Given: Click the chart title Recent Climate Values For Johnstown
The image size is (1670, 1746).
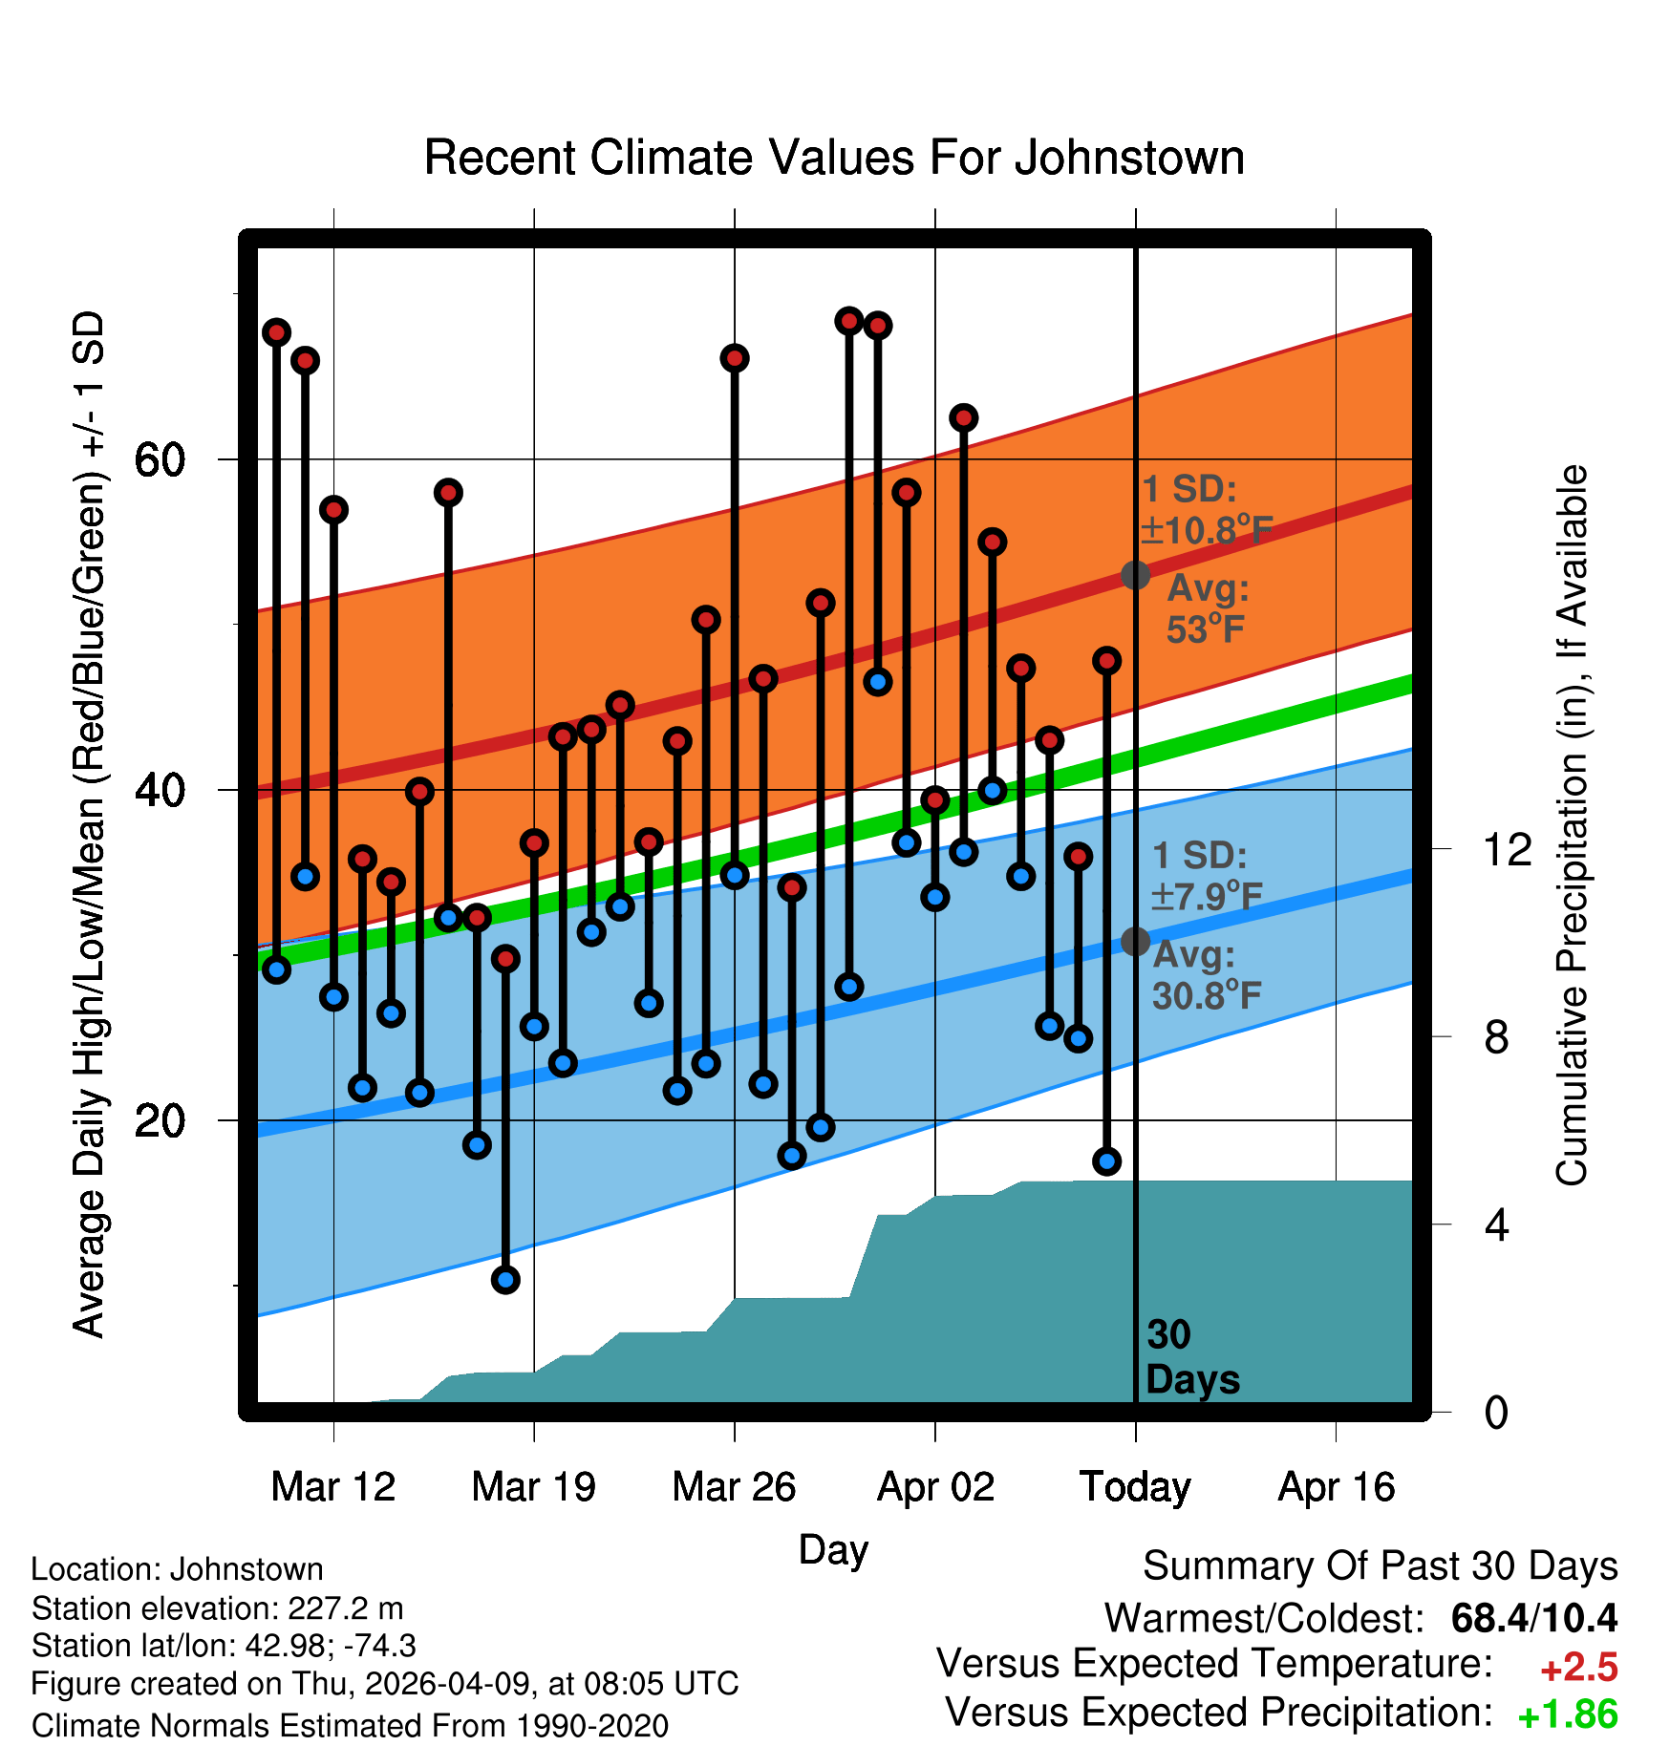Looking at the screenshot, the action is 834,158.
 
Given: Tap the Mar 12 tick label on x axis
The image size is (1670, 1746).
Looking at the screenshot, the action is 333,1486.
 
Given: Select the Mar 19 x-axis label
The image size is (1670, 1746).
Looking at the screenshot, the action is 534,1486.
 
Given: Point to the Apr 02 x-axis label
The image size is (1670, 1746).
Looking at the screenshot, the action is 935,1486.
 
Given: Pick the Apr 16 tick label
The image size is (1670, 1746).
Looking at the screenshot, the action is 1337,1486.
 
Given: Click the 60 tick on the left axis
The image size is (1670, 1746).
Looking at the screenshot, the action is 160,459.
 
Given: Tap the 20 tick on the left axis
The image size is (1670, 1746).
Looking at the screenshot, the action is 160,1119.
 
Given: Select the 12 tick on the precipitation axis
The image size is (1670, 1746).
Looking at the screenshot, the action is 1508,848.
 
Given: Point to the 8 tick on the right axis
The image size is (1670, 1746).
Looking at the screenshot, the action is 1496,1036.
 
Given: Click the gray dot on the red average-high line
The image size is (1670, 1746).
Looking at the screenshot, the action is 1135,575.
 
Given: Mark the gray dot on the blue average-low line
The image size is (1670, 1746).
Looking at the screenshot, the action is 1135,942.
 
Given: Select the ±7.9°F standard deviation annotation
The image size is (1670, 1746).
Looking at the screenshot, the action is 1207,896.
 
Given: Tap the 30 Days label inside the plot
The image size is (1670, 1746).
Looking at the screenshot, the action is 1192,1357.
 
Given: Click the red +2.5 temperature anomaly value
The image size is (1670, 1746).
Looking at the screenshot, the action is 1578,1668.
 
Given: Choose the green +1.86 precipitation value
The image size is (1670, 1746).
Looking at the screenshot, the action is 1568,1715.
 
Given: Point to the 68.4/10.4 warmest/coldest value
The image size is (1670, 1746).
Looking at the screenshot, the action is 1534,1618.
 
